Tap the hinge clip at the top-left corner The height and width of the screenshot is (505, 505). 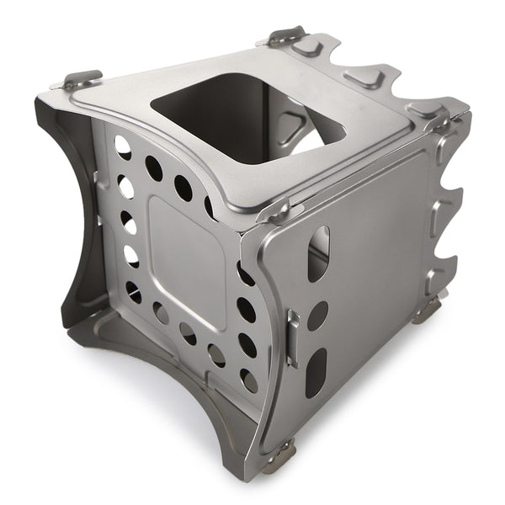[81, 80]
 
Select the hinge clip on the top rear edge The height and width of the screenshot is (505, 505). [287, 35]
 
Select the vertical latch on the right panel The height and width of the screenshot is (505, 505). [292, 338]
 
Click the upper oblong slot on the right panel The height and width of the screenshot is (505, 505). [317, 253]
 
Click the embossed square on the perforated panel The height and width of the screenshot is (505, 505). [186, 261]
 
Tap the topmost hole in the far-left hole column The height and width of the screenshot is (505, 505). [123, 148]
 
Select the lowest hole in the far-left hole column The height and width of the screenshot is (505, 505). [134, 290]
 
